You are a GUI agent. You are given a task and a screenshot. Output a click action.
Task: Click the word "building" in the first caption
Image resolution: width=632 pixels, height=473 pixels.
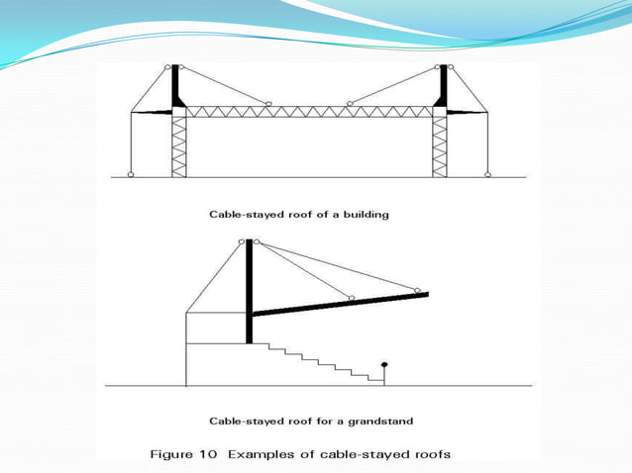(363, 214)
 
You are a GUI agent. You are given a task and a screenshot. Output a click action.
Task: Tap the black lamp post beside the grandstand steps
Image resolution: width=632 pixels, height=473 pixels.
(384, 370)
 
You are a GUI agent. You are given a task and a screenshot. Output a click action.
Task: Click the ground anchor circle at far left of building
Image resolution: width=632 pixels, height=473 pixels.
(131, 175)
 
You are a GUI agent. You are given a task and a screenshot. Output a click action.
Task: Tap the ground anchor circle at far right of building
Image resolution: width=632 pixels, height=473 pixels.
(487, 175)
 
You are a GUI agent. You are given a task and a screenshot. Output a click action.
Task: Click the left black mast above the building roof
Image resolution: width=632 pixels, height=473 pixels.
(176, 86)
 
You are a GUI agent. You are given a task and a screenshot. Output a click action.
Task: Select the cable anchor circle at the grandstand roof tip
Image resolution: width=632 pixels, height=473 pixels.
(417, 291)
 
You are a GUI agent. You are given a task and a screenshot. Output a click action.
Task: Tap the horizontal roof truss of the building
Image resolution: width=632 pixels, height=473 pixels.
(308, 112)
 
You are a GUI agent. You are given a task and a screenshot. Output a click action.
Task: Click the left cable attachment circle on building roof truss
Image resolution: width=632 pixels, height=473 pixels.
(267, 103)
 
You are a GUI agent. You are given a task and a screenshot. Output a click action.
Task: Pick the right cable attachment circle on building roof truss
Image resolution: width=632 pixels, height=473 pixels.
(349, 103)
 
